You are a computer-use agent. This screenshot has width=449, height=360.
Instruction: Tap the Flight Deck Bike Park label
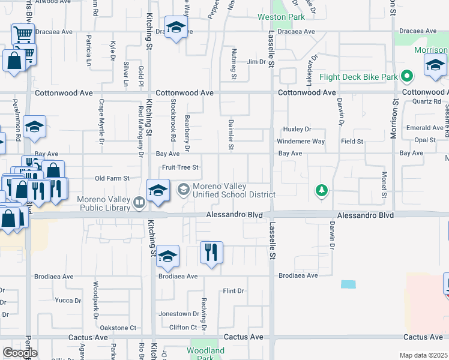pos(358,77)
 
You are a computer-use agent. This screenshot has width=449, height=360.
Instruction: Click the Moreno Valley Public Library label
pos(103,203)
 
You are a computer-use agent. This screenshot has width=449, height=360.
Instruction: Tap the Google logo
pos(19,353)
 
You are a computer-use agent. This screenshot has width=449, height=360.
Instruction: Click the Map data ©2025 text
pos(424,355)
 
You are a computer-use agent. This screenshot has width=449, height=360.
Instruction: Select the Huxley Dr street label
pos(298,129)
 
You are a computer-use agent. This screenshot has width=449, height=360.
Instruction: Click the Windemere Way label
pos(300,142)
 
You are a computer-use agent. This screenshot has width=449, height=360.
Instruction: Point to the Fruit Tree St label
pos(180,167)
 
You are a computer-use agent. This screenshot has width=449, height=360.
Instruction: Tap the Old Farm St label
pos(113,178)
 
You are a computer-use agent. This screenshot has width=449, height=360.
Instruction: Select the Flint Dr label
pos(233,291)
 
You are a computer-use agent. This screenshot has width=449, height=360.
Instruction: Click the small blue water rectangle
pos(348,284)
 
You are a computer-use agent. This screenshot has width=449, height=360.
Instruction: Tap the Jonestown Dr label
pos(178,314)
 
